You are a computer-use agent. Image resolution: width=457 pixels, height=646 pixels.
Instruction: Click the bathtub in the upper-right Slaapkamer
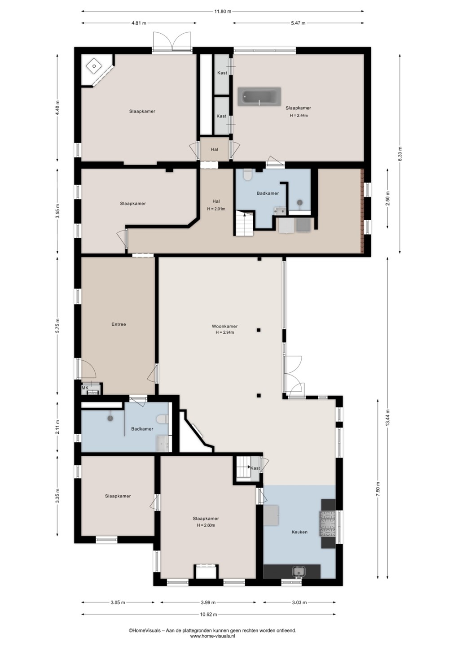pos(259,96)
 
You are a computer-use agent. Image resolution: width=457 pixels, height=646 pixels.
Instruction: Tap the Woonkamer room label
pos(224,327)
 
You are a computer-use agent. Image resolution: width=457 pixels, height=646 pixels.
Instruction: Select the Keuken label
pos(299,532)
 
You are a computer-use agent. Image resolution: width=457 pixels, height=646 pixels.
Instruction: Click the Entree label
pos(119,324)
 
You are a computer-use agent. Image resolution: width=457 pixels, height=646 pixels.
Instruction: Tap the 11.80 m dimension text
pos(223,12)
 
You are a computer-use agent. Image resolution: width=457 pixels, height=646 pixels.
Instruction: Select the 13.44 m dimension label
pos(387,418)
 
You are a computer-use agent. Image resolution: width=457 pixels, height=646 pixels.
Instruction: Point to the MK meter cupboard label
pos(85,388)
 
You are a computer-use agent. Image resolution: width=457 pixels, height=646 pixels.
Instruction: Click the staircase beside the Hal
pos(245,223)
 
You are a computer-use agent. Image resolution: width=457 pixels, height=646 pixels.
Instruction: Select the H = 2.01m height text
pos(216,209)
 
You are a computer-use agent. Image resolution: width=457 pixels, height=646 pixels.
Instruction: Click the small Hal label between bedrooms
pos(215,149)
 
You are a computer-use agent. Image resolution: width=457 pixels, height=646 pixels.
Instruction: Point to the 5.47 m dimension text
pos(299,23)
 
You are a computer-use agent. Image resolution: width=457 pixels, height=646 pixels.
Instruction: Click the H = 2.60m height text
pos(206,525)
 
